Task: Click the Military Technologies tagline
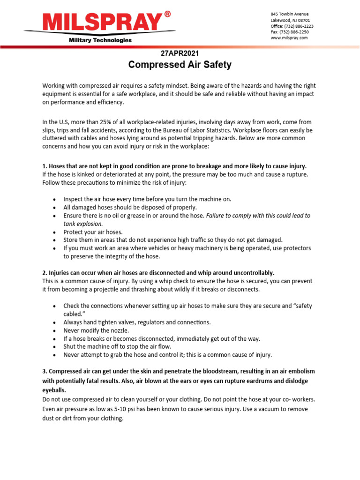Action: (x=100, y=40)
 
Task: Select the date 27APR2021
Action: (x=180, y=53)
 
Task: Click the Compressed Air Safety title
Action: (x=180, y=65)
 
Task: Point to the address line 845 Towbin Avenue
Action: (x=290, y=14)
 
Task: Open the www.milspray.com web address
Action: (x=289, y=38)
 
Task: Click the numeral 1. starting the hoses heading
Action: (x=45, y=166)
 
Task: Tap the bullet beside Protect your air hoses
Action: (x=55, y=232)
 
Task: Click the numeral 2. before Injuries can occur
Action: (x=45, y=273)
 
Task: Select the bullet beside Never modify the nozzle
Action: (x=55, y=330)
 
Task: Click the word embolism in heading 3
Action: (x=302, y=371)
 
